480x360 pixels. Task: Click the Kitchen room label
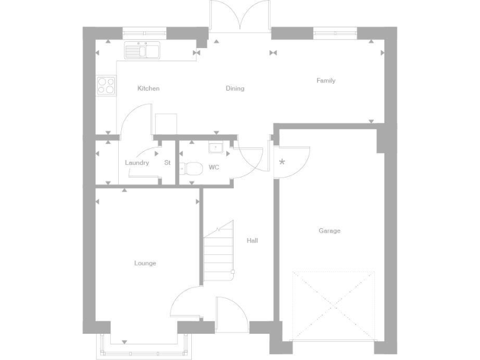(x=148, y=89)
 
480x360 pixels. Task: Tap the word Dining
(x=235, y=89)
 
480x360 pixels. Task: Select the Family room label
(x=326, y=81)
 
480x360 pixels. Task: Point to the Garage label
(x=329, y=231)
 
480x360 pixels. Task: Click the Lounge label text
(x=145, y=263)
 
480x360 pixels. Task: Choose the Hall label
(x=252, y=241)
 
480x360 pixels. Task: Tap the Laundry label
(x=137, y=163)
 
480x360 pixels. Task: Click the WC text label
(x=214, y=167)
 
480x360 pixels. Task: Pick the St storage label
(x=167, y=163)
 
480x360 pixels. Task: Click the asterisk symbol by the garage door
(x=282, y=162)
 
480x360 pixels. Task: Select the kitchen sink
(x=143, y=50)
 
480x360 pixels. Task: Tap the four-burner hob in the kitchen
(x=106, y=85)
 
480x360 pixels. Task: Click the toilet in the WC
(x=192, y=168)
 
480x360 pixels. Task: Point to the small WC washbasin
(x=216, y=148)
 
